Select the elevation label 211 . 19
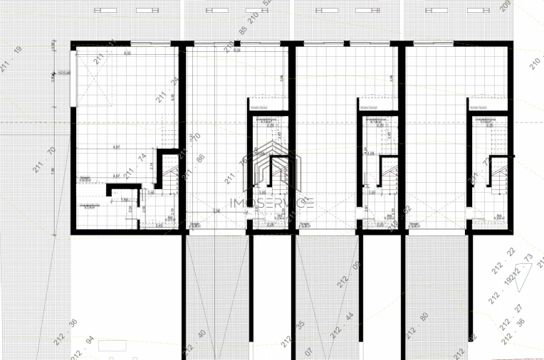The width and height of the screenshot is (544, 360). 17,58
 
